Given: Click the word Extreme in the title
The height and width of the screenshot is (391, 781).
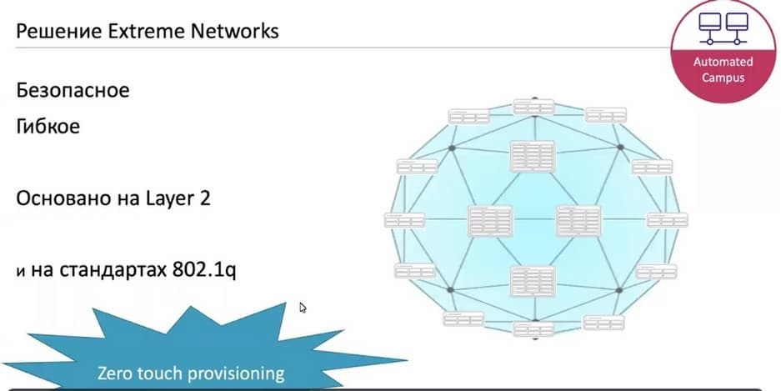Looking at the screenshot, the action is click(x=147, y=32).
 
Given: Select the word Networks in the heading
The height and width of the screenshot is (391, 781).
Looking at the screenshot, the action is click(x=235, y=32).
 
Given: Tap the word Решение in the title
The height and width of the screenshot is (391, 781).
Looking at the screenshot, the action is click(x=59, y=33).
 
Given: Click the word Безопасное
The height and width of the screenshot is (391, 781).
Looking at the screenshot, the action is click(x=73, y=91).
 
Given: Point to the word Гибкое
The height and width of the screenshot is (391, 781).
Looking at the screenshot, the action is click(x=48, y=126).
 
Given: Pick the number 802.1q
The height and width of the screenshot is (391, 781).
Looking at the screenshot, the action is click(x=204, y=271).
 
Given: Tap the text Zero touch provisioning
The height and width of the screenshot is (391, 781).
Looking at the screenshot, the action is click(x=191, y=373).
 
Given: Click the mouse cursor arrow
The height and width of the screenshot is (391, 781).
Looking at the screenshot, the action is click(x=303, y=308).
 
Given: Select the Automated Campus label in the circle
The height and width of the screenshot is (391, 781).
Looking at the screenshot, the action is click(x=723, y=70).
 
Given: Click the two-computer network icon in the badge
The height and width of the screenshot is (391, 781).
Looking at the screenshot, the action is click(x=723, y=28).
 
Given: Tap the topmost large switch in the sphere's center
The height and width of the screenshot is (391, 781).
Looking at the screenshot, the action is click(x=533, y=157).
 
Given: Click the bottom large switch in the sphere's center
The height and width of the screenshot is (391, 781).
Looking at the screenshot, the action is click(x=533, y=282).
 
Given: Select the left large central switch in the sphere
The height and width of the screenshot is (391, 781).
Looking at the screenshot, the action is click(x=490, y=220).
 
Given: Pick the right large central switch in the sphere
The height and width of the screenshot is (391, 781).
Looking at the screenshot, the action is click(x=578, y=220).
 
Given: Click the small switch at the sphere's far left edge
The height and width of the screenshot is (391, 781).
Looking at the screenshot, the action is click(x=404, y=220).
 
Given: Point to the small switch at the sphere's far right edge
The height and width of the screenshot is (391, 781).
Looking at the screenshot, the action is click(x=668, y=220).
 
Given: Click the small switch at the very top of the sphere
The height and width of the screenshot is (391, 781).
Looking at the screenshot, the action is click(x=534, y=107).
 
